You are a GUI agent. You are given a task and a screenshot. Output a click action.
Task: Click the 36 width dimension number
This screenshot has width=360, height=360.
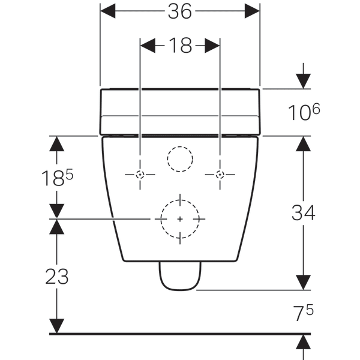(180, 11)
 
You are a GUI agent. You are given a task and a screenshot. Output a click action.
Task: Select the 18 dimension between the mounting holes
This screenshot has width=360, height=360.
(180, 46)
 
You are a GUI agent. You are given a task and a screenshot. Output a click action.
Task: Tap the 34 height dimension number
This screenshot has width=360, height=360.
(303, 213)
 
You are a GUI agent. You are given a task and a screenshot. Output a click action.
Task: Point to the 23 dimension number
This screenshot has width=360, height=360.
(57, 277)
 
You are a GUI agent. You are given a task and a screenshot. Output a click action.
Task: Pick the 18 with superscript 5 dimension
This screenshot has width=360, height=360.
(57, 177)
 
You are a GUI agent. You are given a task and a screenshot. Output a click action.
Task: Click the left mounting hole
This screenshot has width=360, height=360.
(140, 175)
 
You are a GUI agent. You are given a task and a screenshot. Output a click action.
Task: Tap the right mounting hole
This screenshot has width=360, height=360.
(220, 175)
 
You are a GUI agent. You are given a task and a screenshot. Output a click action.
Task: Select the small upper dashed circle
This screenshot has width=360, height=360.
(180, 146)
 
